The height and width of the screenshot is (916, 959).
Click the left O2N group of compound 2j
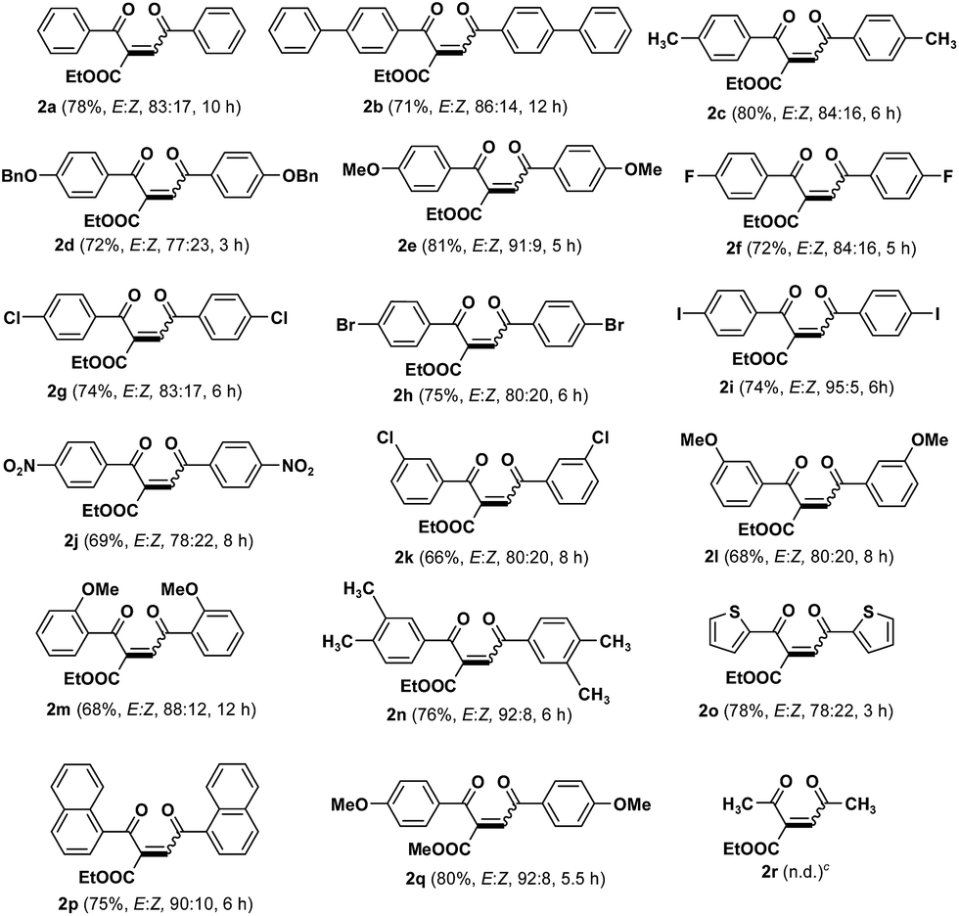22,482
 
